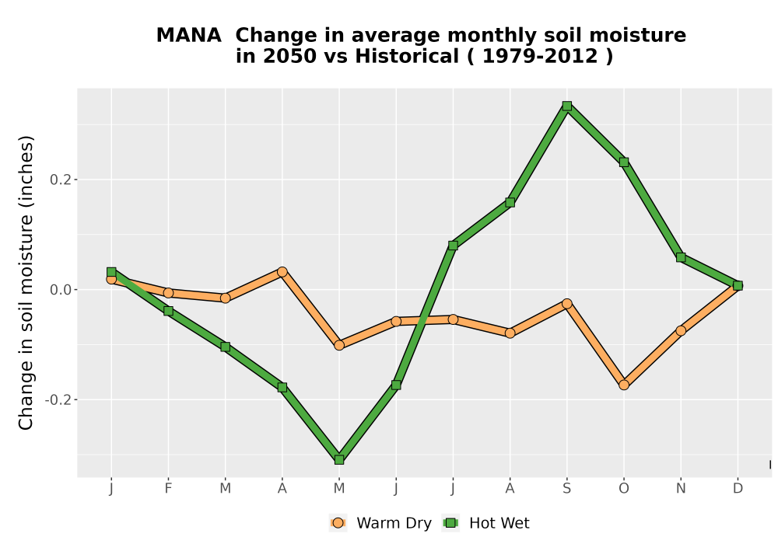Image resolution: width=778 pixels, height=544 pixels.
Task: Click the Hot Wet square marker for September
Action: pyautogui.click(x=567, y=106)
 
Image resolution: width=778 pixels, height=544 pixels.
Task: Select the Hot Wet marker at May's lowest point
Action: pyautogui.click(x=339, y=460)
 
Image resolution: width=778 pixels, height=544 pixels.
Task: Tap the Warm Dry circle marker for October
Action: pyautogui.click(x=624, y=385)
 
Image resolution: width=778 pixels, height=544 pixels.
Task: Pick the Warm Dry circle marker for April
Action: pyautogui.click(x=282, y=271)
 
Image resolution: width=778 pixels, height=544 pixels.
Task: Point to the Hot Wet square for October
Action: pyautogui.click(x=624, y=162)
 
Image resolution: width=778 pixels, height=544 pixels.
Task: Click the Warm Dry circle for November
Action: pyautogui.click(x=681, y=330)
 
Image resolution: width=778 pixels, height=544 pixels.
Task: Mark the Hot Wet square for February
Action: pyautogui.click(x=168, y=311)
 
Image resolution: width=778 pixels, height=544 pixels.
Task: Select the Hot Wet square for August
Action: pyautogui.click(x=510, y=202)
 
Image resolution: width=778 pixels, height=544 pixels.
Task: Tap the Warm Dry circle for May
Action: pyautogui.click(x=339, y=345)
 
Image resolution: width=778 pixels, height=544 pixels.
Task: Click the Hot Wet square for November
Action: pyautogui.click(x=681, y=257)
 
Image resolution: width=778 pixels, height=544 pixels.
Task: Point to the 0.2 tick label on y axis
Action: pyautogui.click(x=60, y=180)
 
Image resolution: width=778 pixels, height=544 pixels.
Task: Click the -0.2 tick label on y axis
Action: pyautogui.click(x=58, y=399)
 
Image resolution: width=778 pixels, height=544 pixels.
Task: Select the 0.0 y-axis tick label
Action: pyautogui.click(x=60, y=290)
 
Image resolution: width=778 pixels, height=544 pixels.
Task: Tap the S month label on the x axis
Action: pyautogui.click(x=567, y=489)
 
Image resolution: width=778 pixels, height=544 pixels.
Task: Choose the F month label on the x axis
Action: pyautogui.click(x=168, y=489)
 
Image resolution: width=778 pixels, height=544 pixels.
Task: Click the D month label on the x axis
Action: pyautogui.click(x=738, y=489)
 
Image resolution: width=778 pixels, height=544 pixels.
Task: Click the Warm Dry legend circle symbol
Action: pyautogui.click(x=338, y=523)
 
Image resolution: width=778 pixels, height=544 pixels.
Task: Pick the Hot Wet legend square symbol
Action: pyautogui.click(x=450, y=523)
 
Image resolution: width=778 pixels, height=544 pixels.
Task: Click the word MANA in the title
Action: pyautogui.click(x=188, y=36)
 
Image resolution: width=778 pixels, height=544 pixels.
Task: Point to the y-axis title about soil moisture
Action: pyautogui.click(x=26, y=282)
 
